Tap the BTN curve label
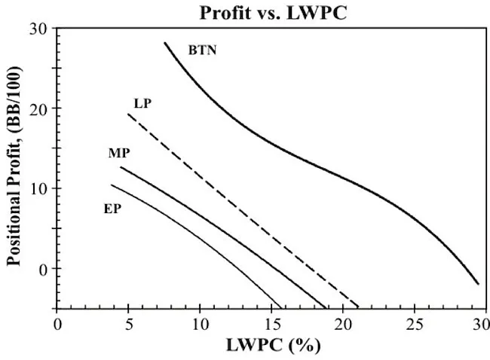(202, 51)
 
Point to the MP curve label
(119, 154)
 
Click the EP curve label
(113, 207)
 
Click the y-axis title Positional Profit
(14, 167)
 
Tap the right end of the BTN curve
(478, 284)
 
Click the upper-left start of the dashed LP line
(129, 114)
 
